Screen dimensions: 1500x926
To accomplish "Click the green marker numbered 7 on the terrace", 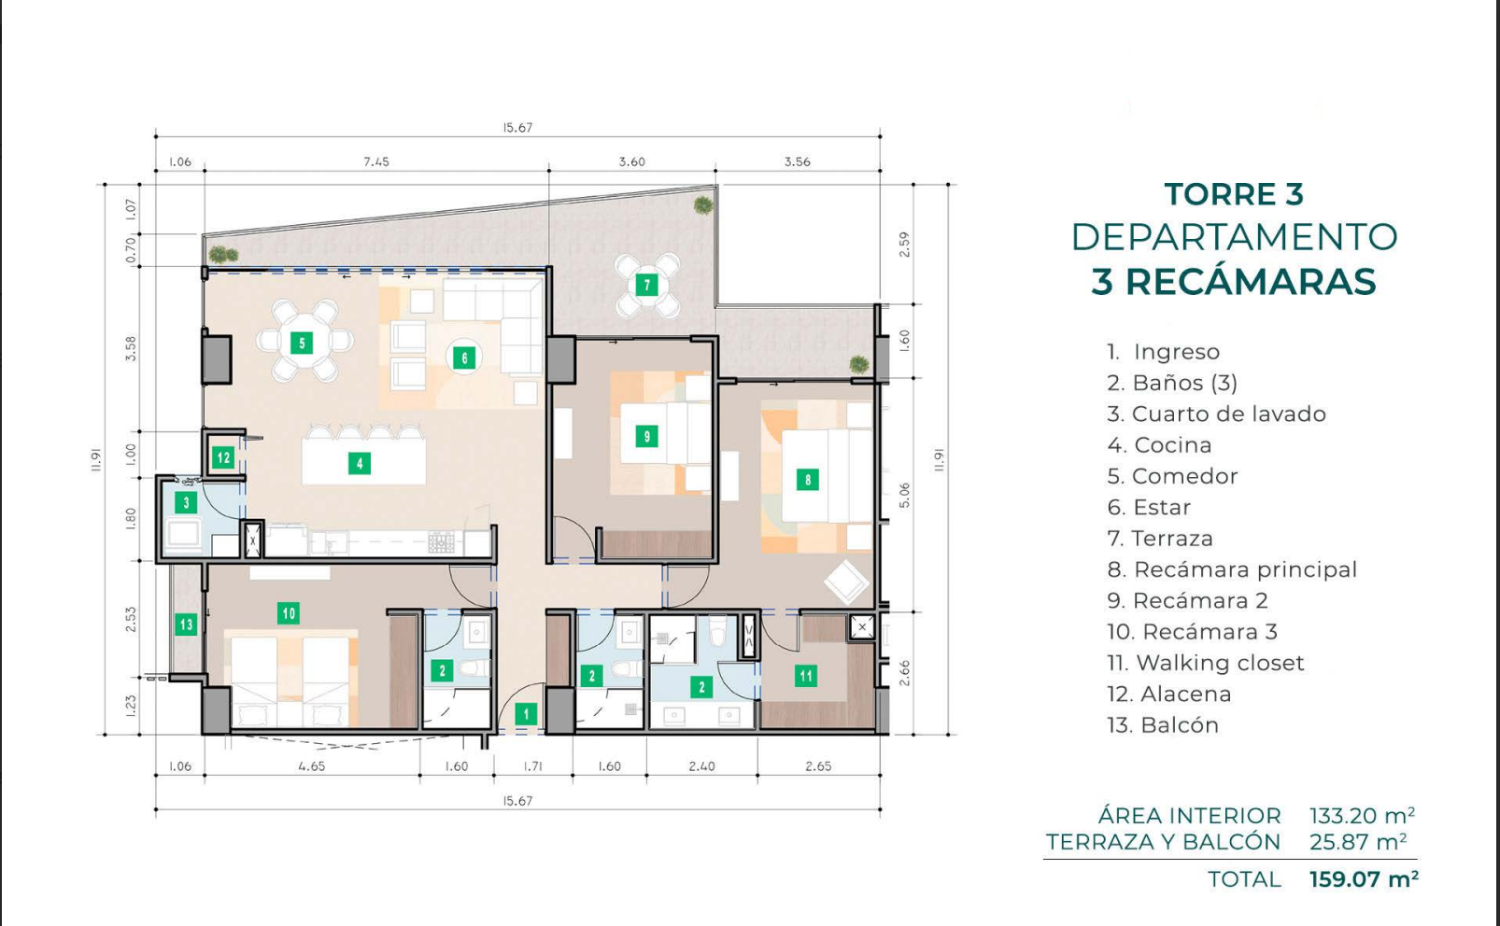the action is click(647, 285).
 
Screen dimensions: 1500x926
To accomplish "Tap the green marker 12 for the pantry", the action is click(223, 458).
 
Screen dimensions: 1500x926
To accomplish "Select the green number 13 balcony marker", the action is click(185, 625).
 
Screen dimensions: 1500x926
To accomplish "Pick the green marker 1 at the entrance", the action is click(526, 714).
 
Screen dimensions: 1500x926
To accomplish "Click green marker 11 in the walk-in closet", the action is click(806, 676).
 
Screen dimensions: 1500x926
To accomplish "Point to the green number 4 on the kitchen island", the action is click(360, 463).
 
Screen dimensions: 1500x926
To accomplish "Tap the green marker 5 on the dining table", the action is click(302, 343).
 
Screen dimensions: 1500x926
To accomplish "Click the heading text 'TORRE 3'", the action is click(1234, 194).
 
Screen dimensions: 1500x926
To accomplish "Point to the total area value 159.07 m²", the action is click(1364, 878).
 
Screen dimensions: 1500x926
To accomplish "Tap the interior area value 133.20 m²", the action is click(1362, 816).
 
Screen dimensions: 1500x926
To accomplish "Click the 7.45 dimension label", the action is click(376, 161).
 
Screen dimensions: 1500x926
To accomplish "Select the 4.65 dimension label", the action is click(311, 766).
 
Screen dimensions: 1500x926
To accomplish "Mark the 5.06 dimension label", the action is click(905, 495).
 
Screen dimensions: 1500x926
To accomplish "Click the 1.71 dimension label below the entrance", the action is click(533, 766).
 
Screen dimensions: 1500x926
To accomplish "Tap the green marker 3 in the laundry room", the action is click(185, 502).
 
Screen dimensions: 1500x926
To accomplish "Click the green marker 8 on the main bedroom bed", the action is click(808, 479).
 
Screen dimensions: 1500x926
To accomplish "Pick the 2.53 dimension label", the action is click(131, 619).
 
